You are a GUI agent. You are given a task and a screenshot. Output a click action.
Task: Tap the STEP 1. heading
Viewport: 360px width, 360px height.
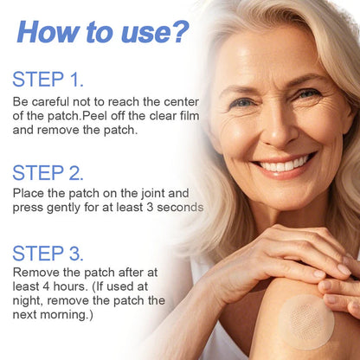[48, 80]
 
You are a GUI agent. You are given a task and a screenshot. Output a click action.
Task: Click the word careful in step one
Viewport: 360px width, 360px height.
[49, 101]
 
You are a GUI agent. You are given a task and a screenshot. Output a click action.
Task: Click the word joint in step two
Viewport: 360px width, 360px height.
[155, 193]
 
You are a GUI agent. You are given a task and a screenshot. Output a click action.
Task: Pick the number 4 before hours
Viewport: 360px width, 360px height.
[51, 287]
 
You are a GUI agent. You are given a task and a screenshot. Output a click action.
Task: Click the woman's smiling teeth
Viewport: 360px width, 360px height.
[285, 164]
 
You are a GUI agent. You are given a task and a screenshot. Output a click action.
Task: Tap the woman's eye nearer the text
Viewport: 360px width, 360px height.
[245, 102]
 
